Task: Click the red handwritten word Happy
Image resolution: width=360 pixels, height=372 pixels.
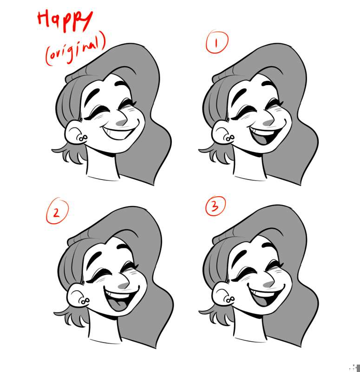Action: pyautogui.click(x=65, y=21)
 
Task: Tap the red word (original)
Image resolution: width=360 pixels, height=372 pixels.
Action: pyautogui.click(x=75, y=49)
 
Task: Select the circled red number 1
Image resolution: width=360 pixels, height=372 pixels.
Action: pyautogui.click(x=216, y=42)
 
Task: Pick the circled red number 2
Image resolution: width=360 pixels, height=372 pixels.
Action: pyautogui.click(x=57, y=211)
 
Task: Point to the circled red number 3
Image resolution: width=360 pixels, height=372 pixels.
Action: pyautogui.click(x=215, y=206)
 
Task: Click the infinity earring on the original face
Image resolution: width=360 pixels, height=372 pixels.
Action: pyautogui.click(x=82, y=138)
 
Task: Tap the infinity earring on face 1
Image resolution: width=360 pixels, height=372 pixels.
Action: pyautogui.click(x=229, y=138)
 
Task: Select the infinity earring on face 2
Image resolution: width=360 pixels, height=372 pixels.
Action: pyautogui.click(x=84, y=301)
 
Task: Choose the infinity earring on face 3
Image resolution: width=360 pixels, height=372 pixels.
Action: pyautogui.click(x=229, y=300)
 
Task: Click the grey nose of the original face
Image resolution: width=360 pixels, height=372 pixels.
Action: pyautogui.click(x=122, y=123)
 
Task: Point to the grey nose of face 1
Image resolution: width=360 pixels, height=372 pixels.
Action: pyautogui.click(x=268, y=122)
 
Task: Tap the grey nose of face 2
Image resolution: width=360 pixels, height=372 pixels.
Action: pyautogui.click(x=124, y=286)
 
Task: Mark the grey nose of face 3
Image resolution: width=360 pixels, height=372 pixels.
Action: pyautogui.click(x=268, y=284)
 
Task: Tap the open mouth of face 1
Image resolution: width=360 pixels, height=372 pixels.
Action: pyautogui.click(x=266, y=135)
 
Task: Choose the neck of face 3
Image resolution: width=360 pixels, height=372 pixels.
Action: pyautogui.click(x=249, y=326)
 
